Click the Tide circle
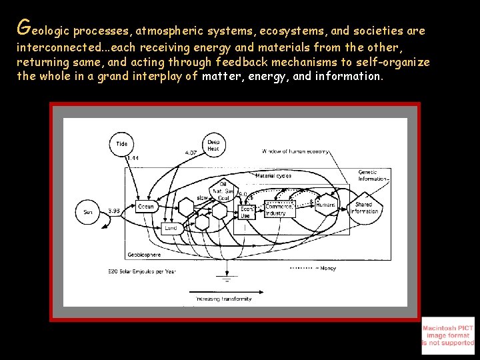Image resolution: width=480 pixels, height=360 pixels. click(121, 144)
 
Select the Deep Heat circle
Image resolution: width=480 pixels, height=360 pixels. click(213, 145)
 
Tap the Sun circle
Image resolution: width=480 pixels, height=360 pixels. click(88, 212)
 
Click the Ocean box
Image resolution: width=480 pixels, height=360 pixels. click(146, 207)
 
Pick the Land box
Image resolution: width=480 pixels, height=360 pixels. click(171, 227)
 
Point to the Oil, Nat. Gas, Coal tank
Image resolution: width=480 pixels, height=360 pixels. click(221, 191)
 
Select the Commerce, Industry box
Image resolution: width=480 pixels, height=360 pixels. click(279, 209)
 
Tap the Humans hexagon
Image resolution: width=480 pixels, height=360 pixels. click(325, 205)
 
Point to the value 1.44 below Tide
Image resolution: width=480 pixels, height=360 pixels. click(133, 158)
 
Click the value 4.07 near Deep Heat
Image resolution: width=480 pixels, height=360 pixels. click(191, 153)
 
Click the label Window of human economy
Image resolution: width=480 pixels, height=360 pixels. click(295, 152)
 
